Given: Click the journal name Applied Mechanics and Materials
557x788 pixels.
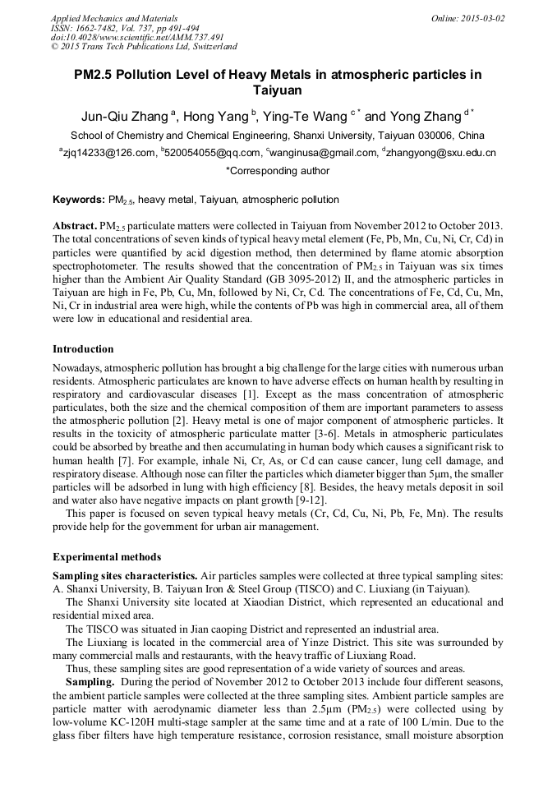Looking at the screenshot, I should pyautogui.click(x=113, y=17).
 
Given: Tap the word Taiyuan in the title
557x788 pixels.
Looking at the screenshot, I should pyautogui.click(x=278, y=90).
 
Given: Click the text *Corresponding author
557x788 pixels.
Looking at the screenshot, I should pyautogui.click(x=278, y=171).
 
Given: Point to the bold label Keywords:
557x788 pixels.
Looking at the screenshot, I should pyautogui.click(x=78, y=200).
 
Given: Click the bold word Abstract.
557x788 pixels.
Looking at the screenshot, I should pyautogui.click(x=74, y=226).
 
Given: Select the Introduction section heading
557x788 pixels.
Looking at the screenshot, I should pyautogui.click(x=83, y=349).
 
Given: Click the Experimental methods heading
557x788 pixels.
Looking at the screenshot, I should pyautogui.click(x=103, y=556).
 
